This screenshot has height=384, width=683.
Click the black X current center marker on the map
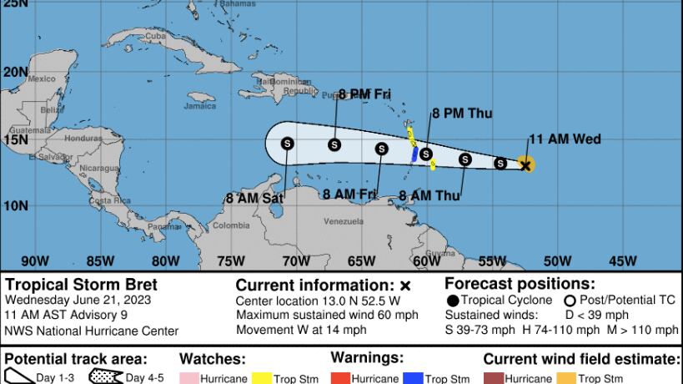(525, 165)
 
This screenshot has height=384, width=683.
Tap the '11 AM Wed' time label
(565, 139)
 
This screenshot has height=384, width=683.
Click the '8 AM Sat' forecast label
(255, 199)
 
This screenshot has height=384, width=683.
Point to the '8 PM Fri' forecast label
(364, 95)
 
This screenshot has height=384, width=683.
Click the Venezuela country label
(343, 221)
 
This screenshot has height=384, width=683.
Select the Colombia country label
(231, 225)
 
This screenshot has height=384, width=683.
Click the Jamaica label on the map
(199, 106)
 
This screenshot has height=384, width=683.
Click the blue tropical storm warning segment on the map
(414, 154)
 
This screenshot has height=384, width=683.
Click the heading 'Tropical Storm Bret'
(81, 285)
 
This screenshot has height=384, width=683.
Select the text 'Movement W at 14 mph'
(301, 329)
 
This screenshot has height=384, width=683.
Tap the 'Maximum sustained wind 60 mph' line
(322, 315)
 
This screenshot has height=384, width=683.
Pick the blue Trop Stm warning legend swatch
(414, 378)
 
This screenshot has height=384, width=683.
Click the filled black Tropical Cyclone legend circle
(452, 301)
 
